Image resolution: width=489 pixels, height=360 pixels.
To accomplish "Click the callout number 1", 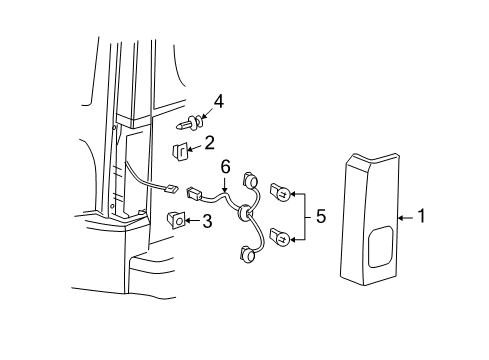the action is (x=422, y=216).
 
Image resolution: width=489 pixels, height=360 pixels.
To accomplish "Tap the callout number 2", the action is (x=209, y=143).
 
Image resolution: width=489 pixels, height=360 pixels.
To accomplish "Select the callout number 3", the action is (x=207, y=221).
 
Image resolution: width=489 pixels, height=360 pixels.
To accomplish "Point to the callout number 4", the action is (x=219, y=102).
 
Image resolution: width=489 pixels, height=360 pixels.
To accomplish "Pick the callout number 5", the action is (x=321, y=216).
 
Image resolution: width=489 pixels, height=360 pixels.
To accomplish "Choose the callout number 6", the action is (x=226, y=167).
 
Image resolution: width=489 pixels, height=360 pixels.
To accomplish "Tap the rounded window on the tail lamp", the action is (x=380, y=247).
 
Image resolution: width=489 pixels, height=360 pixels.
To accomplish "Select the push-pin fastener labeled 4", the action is (x=189, y=123).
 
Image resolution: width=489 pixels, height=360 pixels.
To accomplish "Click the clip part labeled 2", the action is (x=180, y=152).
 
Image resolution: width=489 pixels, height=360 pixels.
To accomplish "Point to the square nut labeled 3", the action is (x=176, y=220).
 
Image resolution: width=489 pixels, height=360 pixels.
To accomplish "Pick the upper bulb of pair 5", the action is (x=280, y=192).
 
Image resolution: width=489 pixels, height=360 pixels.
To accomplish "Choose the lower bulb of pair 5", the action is (x=280, y=237).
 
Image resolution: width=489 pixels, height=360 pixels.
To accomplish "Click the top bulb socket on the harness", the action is (x=250, y=180).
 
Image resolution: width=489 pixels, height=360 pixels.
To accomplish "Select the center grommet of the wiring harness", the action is (x=245, y=212).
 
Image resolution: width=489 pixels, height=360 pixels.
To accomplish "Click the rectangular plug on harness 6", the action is (x=194, y=194).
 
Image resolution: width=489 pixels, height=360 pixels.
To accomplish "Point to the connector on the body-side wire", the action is (x=171, y=190).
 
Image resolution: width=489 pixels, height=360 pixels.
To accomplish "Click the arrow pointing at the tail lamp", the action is (x=406, y=218).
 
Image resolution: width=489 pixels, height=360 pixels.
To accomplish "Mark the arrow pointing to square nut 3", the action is (x=193, y=220).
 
